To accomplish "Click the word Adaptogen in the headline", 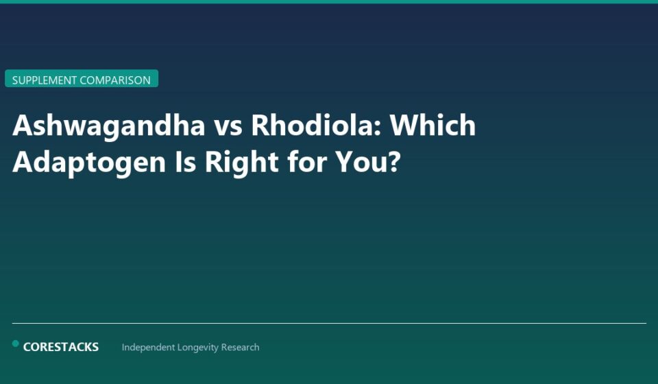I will click(89, 163).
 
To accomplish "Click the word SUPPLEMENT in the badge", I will click(45, 80).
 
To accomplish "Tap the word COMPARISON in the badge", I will click(115, 80).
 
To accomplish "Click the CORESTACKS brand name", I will click(61, 347).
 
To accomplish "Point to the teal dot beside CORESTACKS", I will click(15, 344).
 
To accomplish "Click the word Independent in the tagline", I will click(148, 348).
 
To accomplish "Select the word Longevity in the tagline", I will click(199, 348).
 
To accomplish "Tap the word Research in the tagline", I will click(241, 348).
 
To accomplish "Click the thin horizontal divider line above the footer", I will click(329, 323).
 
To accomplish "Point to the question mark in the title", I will click(393, 162).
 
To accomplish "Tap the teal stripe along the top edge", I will click(329, 1).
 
